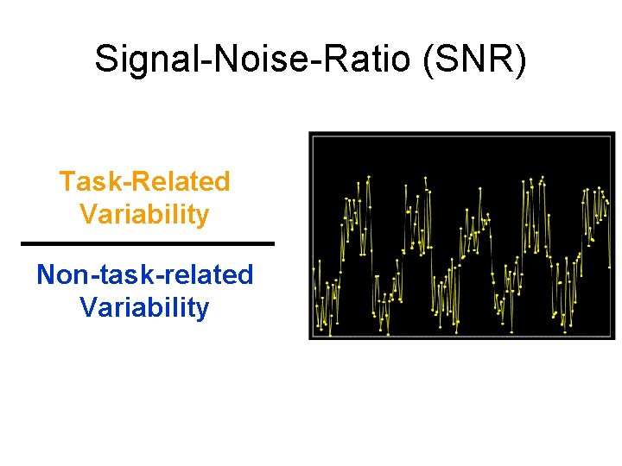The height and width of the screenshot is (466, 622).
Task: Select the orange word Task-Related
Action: [x=144, y=182]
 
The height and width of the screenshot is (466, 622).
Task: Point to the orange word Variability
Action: [x=144, y=213]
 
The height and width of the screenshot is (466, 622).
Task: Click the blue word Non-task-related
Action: [x=144, y=275]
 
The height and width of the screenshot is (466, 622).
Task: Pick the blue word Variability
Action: [x=144, y=307]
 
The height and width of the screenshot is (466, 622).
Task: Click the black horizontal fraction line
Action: [x=147, y=243]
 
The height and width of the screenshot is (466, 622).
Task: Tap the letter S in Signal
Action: [x=106, y=59]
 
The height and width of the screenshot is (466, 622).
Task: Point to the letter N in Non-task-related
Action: [x=46, y=275]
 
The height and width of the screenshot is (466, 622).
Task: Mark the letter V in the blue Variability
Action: [x=87, y=307]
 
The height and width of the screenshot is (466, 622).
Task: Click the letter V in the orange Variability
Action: [x=87, y=213]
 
